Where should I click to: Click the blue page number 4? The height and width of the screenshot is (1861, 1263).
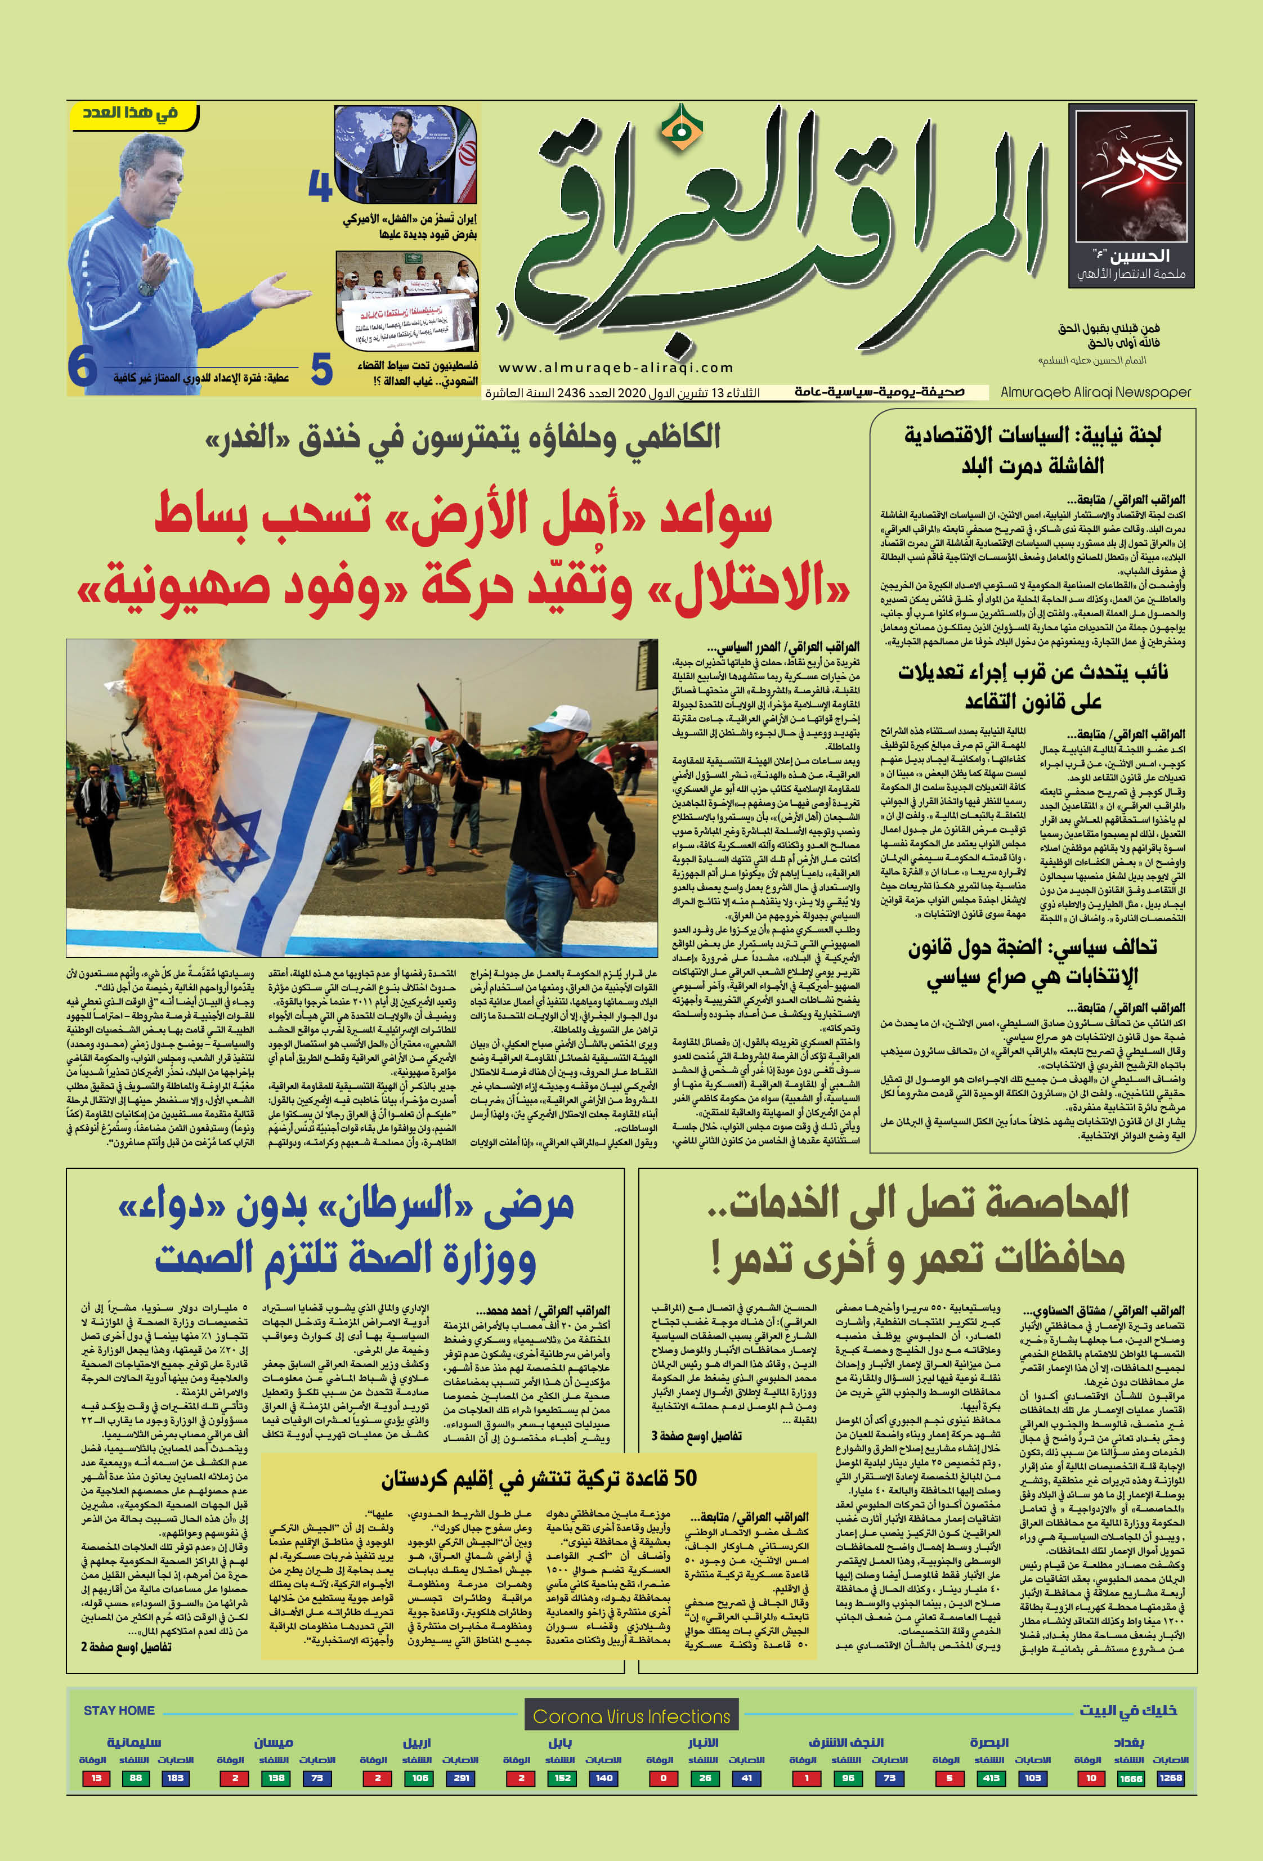pos(320,187)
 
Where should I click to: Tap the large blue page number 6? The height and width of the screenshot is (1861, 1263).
pos(83,367)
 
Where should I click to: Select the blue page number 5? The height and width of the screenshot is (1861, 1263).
pos(321,369)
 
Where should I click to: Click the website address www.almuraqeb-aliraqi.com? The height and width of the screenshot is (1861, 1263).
pos(616,367)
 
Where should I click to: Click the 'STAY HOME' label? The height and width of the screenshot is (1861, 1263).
pos(119,1710)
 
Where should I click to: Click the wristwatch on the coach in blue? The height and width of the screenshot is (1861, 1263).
pos(145,286)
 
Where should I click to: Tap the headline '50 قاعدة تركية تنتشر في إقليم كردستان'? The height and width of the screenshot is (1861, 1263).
pos(538,1477)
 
